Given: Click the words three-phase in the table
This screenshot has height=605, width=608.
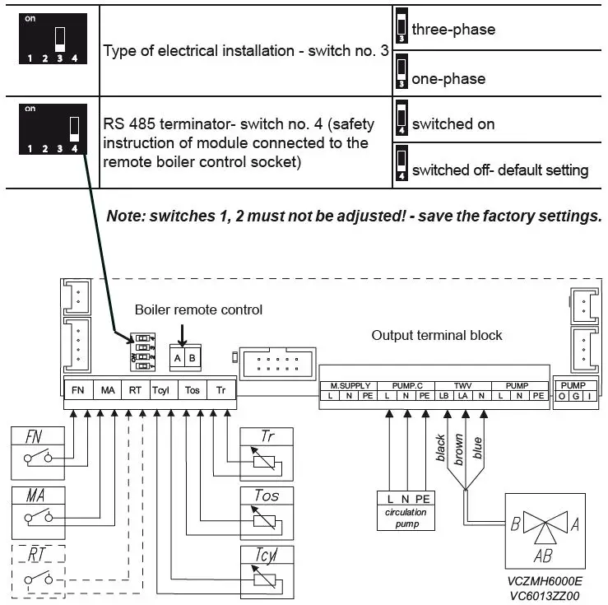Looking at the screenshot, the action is (x=453, y=30).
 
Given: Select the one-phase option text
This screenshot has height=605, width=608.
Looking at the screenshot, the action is (x=448, y=79).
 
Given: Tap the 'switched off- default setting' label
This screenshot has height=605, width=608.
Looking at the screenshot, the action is (x=500, y=170).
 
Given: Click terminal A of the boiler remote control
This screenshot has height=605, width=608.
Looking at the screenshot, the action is (x=177, y=358).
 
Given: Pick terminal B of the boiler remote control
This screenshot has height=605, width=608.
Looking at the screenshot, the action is (x=193, y=358).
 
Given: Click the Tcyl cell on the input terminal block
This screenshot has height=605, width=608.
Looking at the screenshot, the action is (x=160, y=390).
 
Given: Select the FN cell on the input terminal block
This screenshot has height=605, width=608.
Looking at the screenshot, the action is (x=78, y=390).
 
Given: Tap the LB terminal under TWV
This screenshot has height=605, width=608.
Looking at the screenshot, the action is (x=444, y=396).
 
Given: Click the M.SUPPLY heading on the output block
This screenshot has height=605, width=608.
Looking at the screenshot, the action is (x=350, y=386).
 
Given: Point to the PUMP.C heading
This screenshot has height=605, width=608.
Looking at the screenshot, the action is (x=407, y=386).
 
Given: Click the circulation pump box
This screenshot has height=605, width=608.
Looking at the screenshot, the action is (x=406, y=511).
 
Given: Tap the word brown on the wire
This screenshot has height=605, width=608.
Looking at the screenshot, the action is (x=459, y=449).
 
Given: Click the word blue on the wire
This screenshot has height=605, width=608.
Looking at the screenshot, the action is (x=477, y=448).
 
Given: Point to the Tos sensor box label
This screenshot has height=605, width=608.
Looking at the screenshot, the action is (x=267, y=496).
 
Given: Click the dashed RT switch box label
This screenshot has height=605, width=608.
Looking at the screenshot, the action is (x=36, y=555).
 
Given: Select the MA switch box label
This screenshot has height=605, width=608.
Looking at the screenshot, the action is (x=35, y=496).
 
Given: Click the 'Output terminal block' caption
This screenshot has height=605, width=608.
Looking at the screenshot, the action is (x=437, y=335).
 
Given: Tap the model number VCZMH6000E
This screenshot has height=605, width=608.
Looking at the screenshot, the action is (x=545, y=581).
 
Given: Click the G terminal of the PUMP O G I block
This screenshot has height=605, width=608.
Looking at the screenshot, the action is (x=576, y=396).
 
